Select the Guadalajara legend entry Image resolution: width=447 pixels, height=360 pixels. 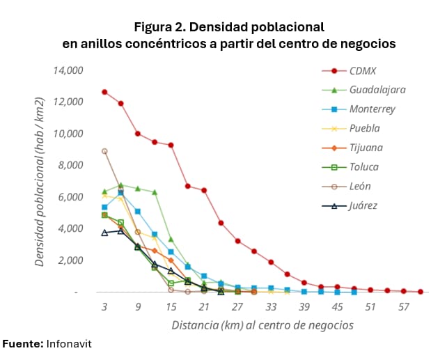[377, 90]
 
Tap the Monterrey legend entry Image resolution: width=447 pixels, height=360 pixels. [372, 109]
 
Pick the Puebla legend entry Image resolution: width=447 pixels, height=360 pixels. [366, 128]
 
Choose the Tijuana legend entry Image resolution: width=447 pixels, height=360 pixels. [366, 148]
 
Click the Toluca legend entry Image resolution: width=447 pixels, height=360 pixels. [365, 167]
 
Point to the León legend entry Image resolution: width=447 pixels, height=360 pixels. [360, 186]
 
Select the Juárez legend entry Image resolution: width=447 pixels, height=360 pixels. [363, 205]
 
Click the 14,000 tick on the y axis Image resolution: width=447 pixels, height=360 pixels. [68, 70]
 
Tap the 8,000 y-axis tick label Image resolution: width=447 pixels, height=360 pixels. [71, 166]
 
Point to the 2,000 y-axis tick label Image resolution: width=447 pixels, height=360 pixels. [71, 260]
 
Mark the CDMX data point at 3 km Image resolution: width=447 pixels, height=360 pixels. [104, 92]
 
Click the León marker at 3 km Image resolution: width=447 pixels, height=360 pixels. [104, 151]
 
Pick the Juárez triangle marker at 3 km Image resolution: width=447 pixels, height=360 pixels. [104, 233]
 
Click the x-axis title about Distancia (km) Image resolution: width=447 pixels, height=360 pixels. [262, 325]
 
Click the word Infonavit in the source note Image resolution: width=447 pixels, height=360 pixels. [69, 344]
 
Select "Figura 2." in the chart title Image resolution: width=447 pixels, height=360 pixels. [162, 27]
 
